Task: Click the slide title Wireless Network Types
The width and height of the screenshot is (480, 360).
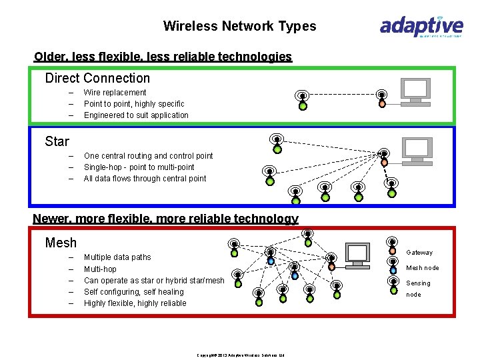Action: tap(239, 27)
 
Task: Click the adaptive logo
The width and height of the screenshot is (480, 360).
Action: tap(421, 27)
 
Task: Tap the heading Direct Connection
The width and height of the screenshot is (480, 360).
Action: tap(97, 78)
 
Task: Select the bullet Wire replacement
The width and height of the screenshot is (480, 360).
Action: tap(115, 93)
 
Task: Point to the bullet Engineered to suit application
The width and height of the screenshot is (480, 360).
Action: tap(136, 115)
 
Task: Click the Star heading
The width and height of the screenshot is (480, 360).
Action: tap(57, 141)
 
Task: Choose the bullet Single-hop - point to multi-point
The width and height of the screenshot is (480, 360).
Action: tap(139, 167)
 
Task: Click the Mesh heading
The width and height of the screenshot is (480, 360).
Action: tap(61, 243)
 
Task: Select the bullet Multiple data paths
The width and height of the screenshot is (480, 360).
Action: tap(117, 257)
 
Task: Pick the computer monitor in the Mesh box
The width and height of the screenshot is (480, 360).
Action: tap(358, 254)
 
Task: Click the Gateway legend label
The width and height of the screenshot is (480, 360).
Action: tap(419, 253)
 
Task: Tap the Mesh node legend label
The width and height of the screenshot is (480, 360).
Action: tap(423, 268)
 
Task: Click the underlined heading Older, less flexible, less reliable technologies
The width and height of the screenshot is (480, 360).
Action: tap(163, 57)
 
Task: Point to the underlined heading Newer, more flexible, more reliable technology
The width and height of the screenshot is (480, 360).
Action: tap(165, 219)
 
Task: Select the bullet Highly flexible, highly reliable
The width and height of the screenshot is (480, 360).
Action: tap(135, 303)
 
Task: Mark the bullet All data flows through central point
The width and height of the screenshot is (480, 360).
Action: tap(145, 179)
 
